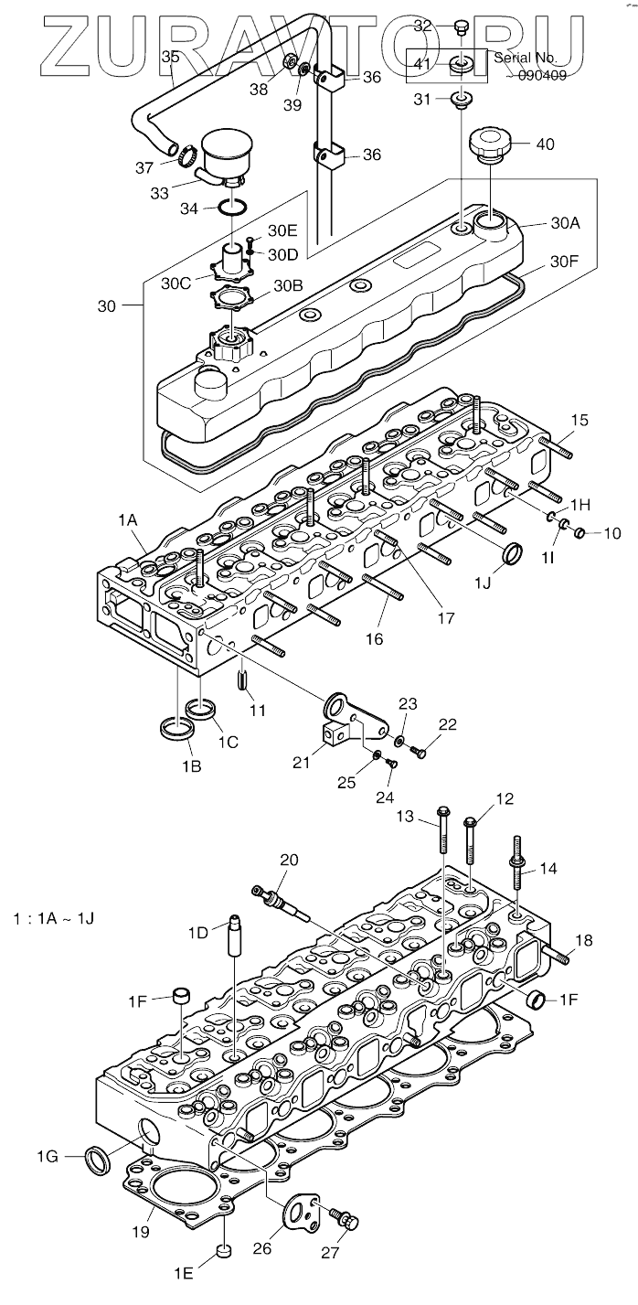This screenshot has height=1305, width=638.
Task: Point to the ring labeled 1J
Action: (x=514, y=554)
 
